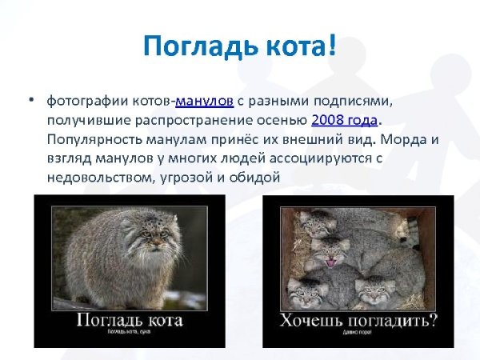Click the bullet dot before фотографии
30,101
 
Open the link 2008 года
343,120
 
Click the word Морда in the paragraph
408,139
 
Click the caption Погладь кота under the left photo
130,320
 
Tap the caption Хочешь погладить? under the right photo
358,321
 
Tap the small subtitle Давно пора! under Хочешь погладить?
358,334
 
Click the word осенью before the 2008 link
286,120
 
